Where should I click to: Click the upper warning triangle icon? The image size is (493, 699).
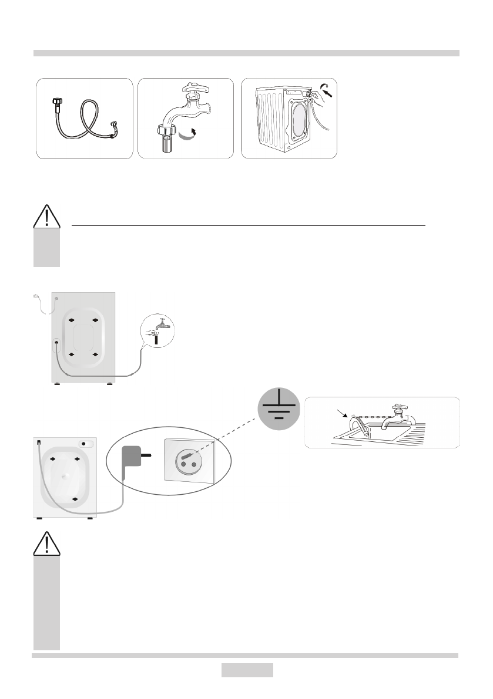[46, 217]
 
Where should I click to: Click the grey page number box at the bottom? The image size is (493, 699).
[247, 670]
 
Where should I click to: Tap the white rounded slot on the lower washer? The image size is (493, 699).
[86, 444]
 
